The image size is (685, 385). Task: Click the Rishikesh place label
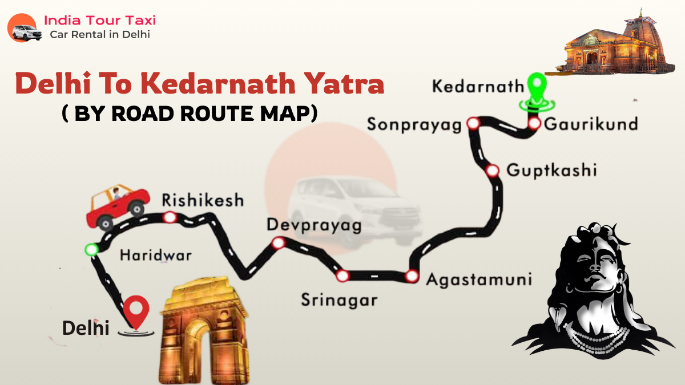pyautogui.click(x=203, y=201)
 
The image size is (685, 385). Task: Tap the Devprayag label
pyautogui.click(x=314, y=226)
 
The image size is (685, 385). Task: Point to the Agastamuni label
pyautogui.click(x=479, y=280)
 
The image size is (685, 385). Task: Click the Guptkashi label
pyautogui.click(x=551, y=170)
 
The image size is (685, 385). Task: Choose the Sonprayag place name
pyautogui.click(x=414, y=125)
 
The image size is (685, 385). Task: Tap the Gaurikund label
pyautogui.click(x=590, y=124)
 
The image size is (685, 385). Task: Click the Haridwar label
pyautogui.click(x=155, y=256)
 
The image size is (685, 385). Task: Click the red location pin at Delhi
pyautogui.click(x=136, y=310)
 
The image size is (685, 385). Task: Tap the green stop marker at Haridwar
pyautogui.click(x=91, y=249)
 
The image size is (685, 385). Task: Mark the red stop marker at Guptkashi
pyautogui.click(x=492, y=170)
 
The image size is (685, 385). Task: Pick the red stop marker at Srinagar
pyautogui.click(x=342, y=276)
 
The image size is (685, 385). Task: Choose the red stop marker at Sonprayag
pyautogui.click(x=473, y=123)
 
